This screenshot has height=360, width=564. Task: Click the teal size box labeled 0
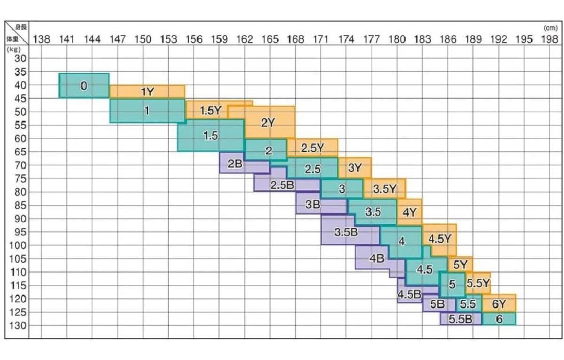coord(84,86)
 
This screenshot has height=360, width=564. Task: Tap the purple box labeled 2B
coord(235,164)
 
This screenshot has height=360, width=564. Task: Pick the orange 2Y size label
coord(268,123)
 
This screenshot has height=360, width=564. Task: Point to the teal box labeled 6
coord(499,319)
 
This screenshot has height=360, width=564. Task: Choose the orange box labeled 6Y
coord(499,304)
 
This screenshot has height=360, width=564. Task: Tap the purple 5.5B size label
coord(460,319)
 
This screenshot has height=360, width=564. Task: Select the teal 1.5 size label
coord(211,136)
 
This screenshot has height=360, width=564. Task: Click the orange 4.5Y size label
coord(439,239)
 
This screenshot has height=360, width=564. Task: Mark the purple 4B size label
coord(377,258)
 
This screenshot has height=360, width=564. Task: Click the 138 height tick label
coord(42,39)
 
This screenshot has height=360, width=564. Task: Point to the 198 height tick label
coord(549,39)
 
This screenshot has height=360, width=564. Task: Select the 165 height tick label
coord(270,39)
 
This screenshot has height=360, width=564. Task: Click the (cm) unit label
coord(549,28)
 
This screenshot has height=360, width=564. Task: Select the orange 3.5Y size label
coord(385,189)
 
